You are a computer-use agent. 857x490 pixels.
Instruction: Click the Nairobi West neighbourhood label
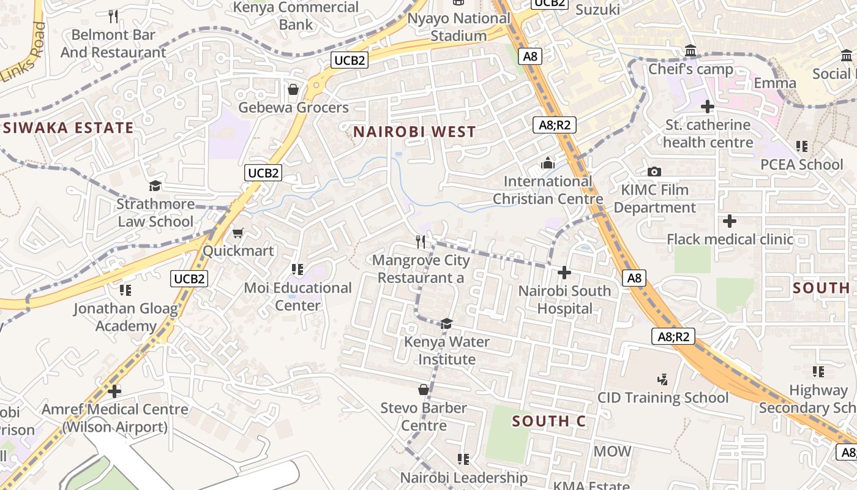pyautogui.click(x=414, y=132)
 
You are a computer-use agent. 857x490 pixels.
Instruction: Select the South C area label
pyautogui.click(x=549, y=421)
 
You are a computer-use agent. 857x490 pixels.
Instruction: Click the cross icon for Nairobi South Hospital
pyautogui.click(x=564, y=273)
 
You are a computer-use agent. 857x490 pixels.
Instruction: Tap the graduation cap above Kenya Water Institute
pyautogui.click(x=447, y=323)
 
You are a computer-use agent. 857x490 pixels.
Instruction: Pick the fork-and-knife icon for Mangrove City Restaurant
pyautogui.click(x=421, y=242)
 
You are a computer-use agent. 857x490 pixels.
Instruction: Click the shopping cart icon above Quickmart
pyautogui.click(x=238, y=233)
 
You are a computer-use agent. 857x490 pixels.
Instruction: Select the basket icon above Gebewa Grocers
pyautogui.click(x=293, y=90)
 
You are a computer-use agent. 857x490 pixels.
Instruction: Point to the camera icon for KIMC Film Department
pyautogui.click(x=654, y=172)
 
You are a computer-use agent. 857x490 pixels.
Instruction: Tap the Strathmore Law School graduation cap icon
pyautogui.click(x=155, y=186)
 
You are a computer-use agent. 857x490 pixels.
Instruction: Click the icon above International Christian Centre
pyautogui.click(x=548, y=163)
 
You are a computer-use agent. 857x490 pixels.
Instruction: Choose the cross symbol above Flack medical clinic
pyautogui.click(x=730, y=221)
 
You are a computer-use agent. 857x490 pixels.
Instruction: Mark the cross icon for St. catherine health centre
pyautogui.click(x=708, y=107)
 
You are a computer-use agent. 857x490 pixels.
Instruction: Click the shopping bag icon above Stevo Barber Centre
pyautogui.click(x=423, y=390)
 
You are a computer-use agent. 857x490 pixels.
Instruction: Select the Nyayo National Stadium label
pyautogui.click(x=458, y=27)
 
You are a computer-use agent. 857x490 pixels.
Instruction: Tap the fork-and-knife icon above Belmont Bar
pyautogui.click(x=113, y=16)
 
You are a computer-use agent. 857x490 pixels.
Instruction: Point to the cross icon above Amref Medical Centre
pyautogui.click(x=114, y=391)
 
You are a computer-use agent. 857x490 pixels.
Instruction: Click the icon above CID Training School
pyautogui.click(x=662, y=379)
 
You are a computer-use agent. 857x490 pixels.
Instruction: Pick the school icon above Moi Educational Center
pyautogui.click(x=298, y=269)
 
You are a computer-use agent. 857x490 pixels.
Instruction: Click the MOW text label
pyautogui.click(x=612, y=451)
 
